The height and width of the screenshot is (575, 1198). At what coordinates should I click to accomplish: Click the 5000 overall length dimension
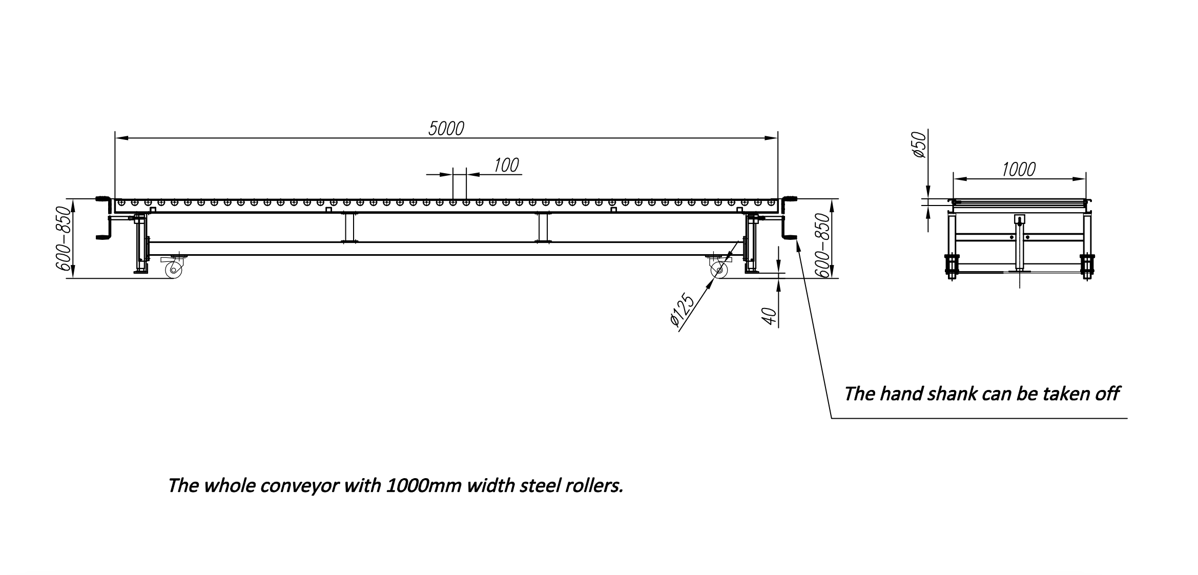[446, 129]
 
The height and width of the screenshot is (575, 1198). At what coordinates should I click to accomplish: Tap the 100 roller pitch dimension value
[506, 165]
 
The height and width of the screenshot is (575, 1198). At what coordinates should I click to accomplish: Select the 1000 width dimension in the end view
[1019, 169]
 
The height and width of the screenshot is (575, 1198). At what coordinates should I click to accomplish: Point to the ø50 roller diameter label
[921, 145]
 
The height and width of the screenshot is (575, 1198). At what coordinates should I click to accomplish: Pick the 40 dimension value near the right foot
[769, 316]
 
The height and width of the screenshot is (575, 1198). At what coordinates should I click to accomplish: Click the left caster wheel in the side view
[174, 269]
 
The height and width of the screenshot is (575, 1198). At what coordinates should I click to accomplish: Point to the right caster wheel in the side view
[718, 270]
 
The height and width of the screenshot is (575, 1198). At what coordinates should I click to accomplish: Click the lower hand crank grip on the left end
[103, 237]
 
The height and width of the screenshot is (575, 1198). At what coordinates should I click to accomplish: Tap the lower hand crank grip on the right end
[790, 237]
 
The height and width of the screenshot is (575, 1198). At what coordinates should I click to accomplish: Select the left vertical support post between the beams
[350, 227]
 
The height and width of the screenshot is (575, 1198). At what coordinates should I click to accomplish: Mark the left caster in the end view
[952, 265]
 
